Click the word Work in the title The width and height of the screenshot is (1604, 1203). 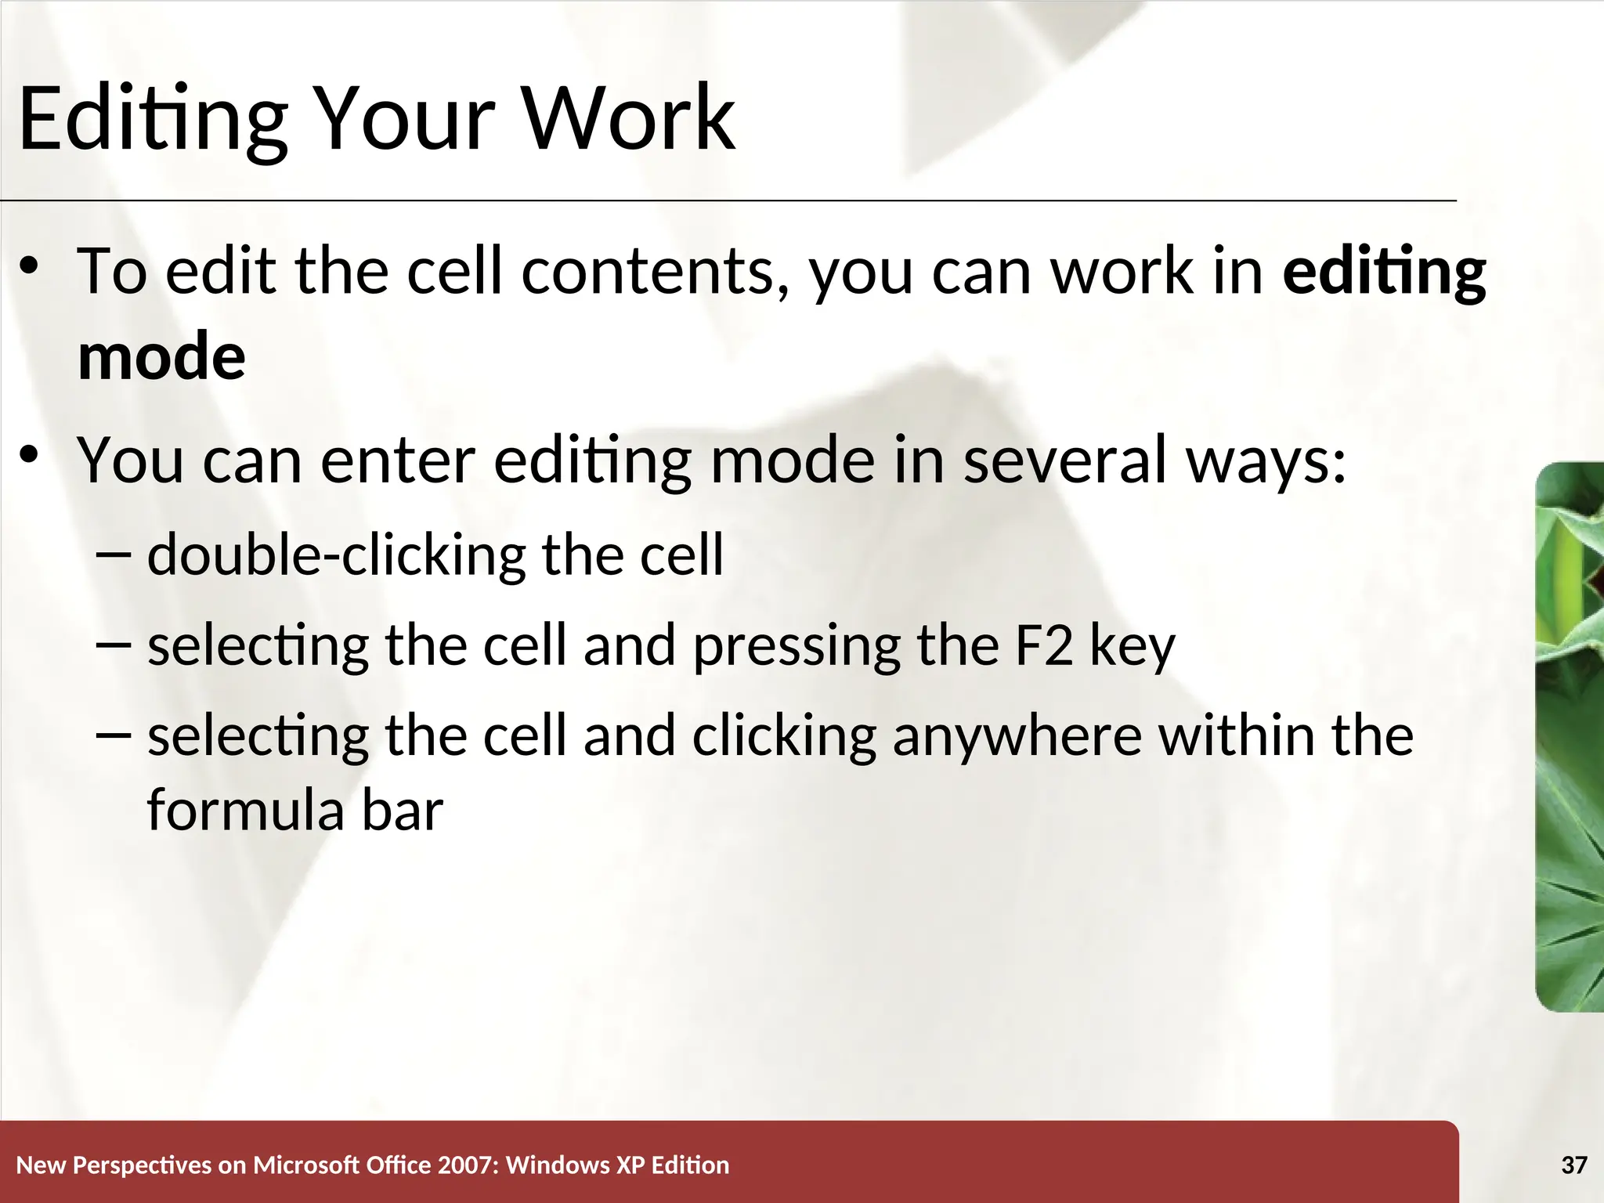[627, 118]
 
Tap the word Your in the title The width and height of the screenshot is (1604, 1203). [404, 118]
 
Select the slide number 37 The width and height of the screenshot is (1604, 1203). [1573, 1165]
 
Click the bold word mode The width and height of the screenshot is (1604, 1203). [161, 357]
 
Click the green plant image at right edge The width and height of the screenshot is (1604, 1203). [1570, 736]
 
